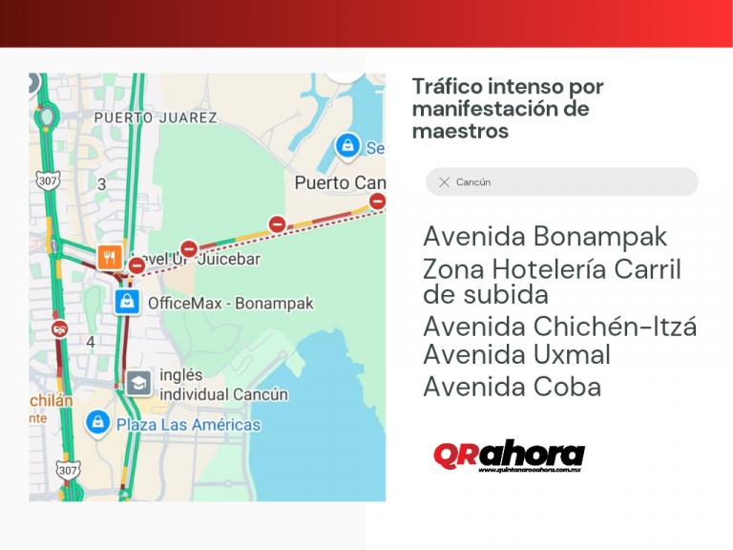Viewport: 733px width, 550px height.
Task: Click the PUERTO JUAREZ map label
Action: point(156,117)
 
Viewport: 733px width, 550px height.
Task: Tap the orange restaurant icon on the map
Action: point(110,257)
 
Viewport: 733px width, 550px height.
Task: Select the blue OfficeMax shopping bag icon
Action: point(127,302)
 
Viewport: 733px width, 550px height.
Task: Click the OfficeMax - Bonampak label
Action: point(230,304)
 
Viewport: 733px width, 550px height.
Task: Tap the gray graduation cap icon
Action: point(138,383)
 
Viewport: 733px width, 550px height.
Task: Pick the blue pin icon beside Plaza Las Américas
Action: point(96,421)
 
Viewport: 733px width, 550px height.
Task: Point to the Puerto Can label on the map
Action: point(340,182)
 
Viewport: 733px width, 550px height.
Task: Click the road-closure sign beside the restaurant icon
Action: point(137,265)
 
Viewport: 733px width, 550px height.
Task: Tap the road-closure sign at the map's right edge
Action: point(377,201)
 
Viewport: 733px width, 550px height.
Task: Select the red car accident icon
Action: point(60,328)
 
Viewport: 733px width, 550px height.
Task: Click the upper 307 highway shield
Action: point(46,179)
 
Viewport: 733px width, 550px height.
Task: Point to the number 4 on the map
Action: point(91,341)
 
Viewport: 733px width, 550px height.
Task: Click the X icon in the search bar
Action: point(444,182)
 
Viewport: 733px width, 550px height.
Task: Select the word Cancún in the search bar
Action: point(473,182)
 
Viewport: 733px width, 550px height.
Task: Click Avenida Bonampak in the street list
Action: point(545,237)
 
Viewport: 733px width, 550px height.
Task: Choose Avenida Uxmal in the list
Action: point(516,355)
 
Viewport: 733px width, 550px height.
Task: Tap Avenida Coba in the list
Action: point(512,387)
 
